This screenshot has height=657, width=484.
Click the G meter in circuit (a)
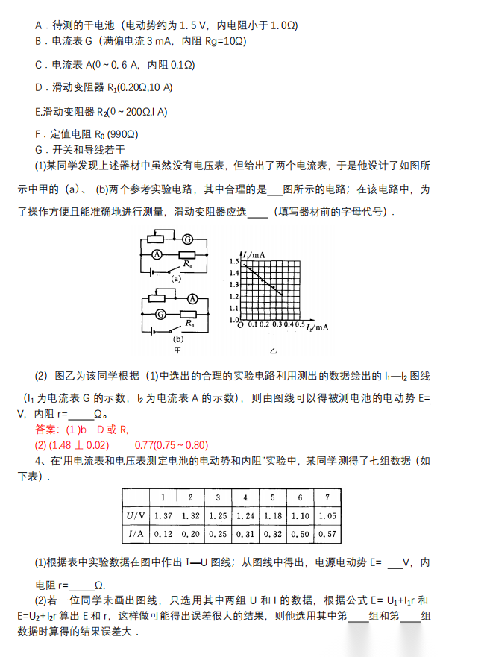click(188, 239)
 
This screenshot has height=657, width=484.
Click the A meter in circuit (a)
click(157, 254)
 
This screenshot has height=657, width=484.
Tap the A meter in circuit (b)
click(192, 298)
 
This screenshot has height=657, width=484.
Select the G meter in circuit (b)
click(157, 314)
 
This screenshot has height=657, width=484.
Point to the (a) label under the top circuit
click(177, 277)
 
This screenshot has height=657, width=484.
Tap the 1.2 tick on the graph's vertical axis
click(234, 297)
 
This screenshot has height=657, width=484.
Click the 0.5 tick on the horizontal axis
click(300, 325)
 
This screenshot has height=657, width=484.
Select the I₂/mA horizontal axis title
click(318, 327)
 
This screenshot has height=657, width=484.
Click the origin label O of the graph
click(239, 325)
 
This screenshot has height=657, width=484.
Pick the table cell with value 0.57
click(325, 534)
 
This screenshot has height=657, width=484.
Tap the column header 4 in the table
click(244, 497)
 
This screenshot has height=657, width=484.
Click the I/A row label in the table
click(136, 534)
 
